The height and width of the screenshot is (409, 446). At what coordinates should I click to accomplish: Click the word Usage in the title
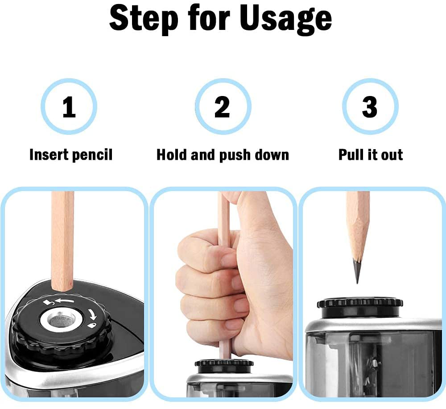point(287,19)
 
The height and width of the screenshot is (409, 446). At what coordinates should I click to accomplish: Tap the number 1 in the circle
point(69,107)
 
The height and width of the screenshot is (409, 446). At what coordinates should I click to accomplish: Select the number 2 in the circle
point(222,107)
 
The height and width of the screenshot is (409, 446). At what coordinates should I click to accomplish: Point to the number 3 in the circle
point(370,107)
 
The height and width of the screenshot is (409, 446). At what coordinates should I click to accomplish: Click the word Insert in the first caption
point(49,154)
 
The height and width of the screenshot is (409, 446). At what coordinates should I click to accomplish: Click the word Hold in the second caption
point(172,154)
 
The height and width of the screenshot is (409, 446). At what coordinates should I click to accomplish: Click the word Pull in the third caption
point(351,154)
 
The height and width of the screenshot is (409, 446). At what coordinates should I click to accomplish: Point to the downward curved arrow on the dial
point(92,314)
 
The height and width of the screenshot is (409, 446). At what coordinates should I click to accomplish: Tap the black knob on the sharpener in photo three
point(360,308)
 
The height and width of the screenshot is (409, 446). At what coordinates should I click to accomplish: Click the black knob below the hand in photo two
point(224,366)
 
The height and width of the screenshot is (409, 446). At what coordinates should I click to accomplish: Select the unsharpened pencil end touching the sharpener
point(62,284)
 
